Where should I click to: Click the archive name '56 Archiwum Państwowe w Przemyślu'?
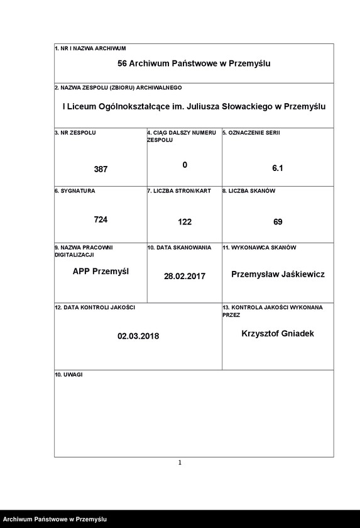(x=194, y=63)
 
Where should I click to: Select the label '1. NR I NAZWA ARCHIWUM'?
(x=90, y=48)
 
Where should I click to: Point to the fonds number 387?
(x=101, y=169)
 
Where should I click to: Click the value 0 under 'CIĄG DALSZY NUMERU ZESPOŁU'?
(x=185, y=165)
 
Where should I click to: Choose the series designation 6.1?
(x=278, y=168)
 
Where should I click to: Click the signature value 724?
(x=101, y=219)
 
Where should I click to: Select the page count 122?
(x=185, y=222)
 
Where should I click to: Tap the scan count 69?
(x=278, y=222)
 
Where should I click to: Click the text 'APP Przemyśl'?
(x=101, y=272)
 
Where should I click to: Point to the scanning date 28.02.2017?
(x=185, y=276)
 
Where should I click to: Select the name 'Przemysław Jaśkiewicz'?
(x=278, y=274)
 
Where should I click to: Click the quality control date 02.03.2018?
(x=138, y=336)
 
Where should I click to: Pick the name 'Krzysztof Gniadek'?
(x=278, y=333)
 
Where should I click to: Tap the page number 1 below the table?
(x=180, y=463)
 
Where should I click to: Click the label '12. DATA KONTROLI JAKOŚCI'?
(x=95, y=307)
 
